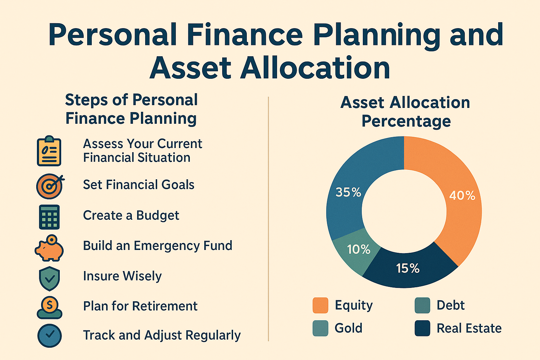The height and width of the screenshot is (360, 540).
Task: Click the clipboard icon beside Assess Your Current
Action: click(x=49, y=151)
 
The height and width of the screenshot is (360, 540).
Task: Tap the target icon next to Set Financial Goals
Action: click(x=50, y=186)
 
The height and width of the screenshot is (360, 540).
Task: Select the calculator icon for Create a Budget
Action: click(x=49, y=217)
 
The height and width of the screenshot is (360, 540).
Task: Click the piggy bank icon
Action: click(x=49, y=248)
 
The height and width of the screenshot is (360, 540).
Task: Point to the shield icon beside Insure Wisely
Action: click(x=50, y=278)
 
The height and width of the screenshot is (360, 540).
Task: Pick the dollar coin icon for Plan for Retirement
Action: click(x=50, y=308)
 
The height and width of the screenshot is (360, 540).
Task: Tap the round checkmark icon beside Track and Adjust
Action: click(x=50, y=336)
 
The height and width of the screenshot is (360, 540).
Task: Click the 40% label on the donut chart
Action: click(x=462, y=195)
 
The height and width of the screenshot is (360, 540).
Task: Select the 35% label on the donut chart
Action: click(x=348, y=192)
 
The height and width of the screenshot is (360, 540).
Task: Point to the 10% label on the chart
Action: click(x=359, y=249)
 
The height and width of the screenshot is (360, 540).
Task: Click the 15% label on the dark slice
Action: click(x=408, y=268)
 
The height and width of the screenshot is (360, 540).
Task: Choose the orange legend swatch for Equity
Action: click(x=320, y=305)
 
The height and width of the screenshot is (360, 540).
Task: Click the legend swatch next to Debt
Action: click(x=422, y=305)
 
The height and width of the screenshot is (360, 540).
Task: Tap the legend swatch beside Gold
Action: click(x=320, y=328)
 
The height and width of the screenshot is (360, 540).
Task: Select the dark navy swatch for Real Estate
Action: click(x=422, y=328)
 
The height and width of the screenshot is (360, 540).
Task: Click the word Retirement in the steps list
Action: click(x=165, y=306)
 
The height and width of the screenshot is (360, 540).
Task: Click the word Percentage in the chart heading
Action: click(x=406, y=121)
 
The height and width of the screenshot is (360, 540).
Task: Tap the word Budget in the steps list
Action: click(x=157, y=216)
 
